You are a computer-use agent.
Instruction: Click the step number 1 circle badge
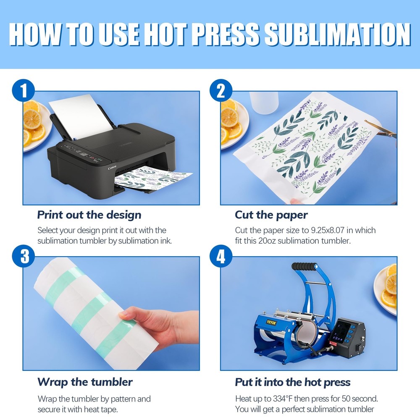pyautogui.click(x=24, y=90)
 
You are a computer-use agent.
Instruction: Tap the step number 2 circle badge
pyautogui.click(x=221, y=90)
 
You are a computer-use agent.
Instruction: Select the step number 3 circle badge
pyautogui.click(x=24, y=256)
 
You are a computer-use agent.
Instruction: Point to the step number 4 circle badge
pyautogui.click(x=221, y=256)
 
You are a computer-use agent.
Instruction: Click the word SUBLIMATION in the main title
pyautogui.click(x=338, y=34)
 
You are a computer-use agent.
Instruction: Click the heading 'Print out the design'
pyautogui.click(x=89, y=215)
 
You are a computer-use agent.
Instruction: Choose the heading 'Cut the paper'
pyautogui.click(x=271, y=215)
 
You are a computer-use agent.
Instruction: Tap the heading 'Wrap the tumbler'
pyautogui.click(x=85, y=382)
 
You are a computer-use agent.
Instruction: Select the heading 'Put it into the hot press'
pyautogui.click(x=293, y=382)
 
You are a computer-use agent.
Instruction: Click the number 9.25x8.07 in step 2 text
pyautogui.click(x=328, y=230)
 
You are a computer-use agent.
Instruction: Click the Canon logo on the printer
pyautogui.click(x=112, y=168)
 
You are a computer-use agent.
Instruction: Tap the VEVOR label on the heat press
pyautogui.click(x=271, y=322)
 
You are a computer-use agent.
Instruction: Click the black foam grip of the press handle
pyautogui.click(x=304, y=266)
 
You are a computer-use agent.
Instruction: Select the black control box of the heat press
pyautogui.click(x=346, y=338)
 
